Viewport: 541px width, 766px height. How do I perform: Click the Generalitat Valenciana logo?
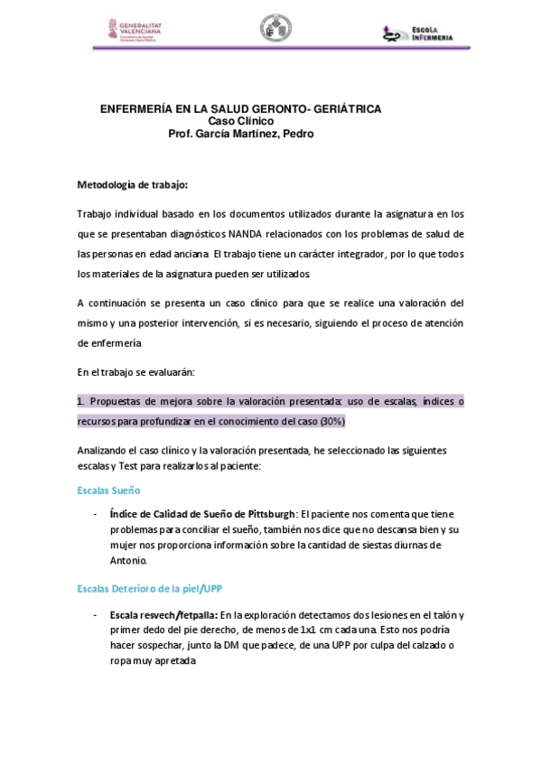(136, 29)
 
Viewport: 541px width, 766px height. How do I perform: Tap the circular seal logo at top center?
(275, 28)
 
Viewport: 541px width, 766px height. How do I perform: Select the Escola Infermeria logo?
(416, 33)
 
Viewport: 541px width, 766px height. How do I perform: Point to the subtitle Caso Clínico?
(240, 121)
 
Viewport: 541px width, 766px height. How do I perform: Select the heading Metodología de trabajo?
(133, 185)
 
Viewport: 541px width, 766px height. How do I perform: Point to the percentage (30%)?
(331, 422)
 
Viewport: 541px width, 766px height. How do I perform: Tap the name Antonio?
(126, 560)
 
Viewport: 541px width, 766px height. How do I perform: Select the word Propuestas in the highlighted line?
(119, 401)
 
